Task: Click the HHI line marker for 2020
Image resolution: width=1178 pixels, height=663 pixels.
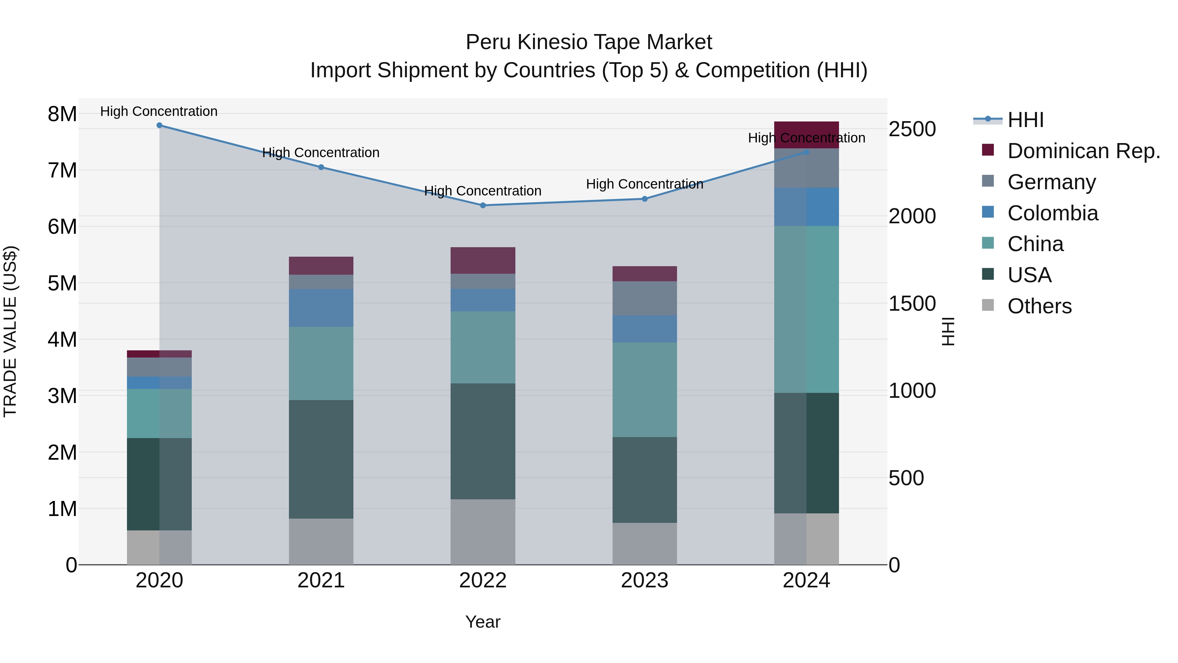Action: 159,125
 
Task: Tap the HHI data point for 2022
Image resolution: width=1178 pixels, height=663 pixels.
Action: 483,205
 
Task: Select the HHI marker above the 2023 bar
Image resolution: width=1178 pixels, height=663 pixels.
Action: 645,199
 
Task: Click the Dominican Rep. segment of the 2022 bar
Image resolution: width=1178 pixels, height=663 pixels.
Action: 483,260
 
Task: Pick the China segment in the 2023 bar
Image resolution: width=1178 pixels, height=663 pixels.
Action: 645,390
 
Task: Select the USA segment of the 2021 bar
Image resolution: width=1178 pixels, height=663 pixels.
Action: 321,459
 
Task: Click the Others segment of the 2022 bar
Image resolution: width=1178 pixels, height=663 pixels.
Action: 483,532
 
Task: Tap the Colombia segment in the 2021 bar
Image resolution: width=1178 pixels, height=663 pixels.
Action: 321,308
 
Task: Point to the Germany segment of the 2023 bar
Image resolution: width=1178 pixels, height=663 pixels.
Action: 645,298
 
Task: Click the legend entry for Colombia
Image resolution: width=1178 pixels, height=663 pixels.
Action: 1052,213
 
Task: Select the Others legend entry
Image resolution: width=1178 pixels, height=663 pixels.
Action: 1039,306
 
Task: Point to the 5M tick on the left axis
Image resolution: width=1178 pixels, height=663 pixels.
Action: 62,283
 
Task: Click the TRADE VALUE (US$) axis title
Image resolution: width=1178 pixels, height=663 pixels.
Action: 10,331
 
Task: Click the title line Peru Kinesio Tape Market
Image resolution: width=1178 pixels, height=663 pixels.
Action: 589,43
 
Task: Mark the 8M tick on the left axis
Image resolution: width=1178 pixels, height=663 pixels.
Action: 62,114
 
